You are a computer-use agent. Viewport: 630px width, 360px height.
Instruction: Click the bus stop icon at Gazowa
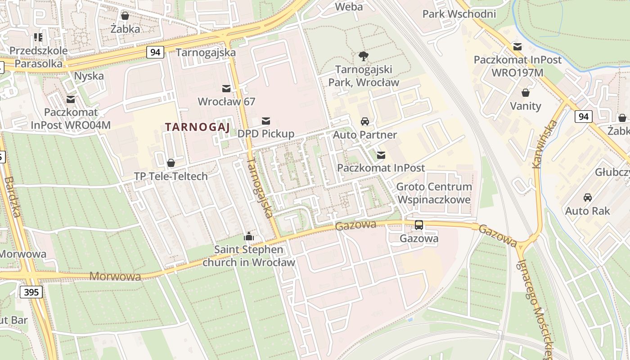tap(418, 225)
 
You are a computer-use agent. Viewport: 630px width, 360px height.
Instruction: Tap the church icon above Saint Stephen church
tap(248, 236)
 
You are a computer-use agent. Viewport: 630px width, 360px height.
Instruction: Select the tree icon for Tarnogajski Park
tap(364, 56)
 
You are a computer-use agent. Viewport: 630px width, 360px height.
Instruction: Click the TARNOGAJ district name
tap(198, 127)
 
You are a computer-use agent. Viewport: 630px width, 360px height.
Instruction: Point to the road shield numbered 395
tap(31, 292)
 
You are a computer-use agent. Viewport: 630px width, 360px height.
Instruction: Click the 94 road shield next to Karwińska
tap(583, 117)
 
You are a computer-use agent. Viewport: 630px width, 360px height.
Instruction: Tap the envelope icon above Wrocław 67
tap(226, 88)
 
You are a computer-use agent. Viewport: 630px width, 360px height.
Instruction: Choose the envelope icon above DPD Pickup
tap(266, 121)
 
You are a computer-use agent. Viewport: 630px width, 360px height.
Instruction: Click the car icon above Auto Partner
tap(364, 121)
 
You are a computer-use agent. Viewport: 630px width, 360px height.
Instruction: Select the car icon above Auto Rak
tap(587, 198)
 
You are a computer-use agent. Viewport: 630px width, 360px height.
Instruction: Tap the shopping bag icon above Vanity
tap(525, 93)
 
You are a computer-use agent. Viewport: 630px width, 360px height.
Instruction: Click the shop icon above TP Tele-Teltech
tap(171, 162)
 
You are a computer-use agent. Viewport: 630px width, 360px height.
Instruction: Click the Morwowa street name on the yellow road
tap(115, 276)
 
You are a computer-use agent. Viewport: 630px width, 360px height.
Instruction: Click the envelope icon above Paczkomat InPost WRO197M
tap(517, 46)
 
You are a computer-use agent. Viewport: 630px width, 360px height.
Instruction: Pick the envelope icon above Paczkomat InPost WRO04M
tap(71, 99)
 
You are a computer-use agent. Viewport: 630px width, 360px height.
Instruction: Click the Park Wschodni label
tap(459, 14)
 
